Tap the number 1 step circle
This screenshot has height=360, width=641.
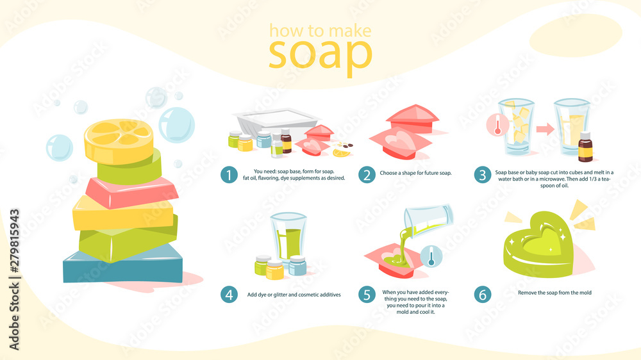pyautogui.click(x=229, y=175)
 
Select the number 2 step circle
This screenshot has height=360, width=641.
pyautogui.click(x=367, y=175)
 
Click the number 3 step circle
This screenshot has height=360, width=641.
pyautogui.click(x=483, y=175)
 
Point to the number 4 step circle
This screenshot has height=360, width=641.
pyautogui.click(x=229, y=295)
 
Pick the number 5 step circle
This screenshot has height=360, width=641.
pyautogui.click(x=367, y=295)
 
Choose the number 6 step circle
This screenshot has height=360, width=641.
pyautogui.click(x=483, y=295)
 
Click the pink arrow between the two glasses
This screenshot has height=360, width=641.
pyautogui.click(x=545, y=129)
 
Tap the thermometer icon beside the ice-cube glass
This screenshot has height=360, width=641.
pyautogui.click(x=497, y=125)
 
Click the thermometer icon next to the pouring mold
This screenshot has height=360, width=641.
pyautogui.click(x=431, y=257)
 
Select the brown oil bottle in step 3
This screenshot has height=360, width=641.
pyautogui.click(x=585, y=147)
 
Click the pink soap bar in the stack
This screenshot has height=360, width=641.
pyautogui.click(x=131, y=192)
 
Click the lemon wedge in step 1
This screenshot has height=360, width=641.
pyautogui.click(x=342, y=153)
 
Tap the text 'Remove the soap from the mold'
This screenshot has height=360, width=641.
pyautogui.click(x=554, y=293)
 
